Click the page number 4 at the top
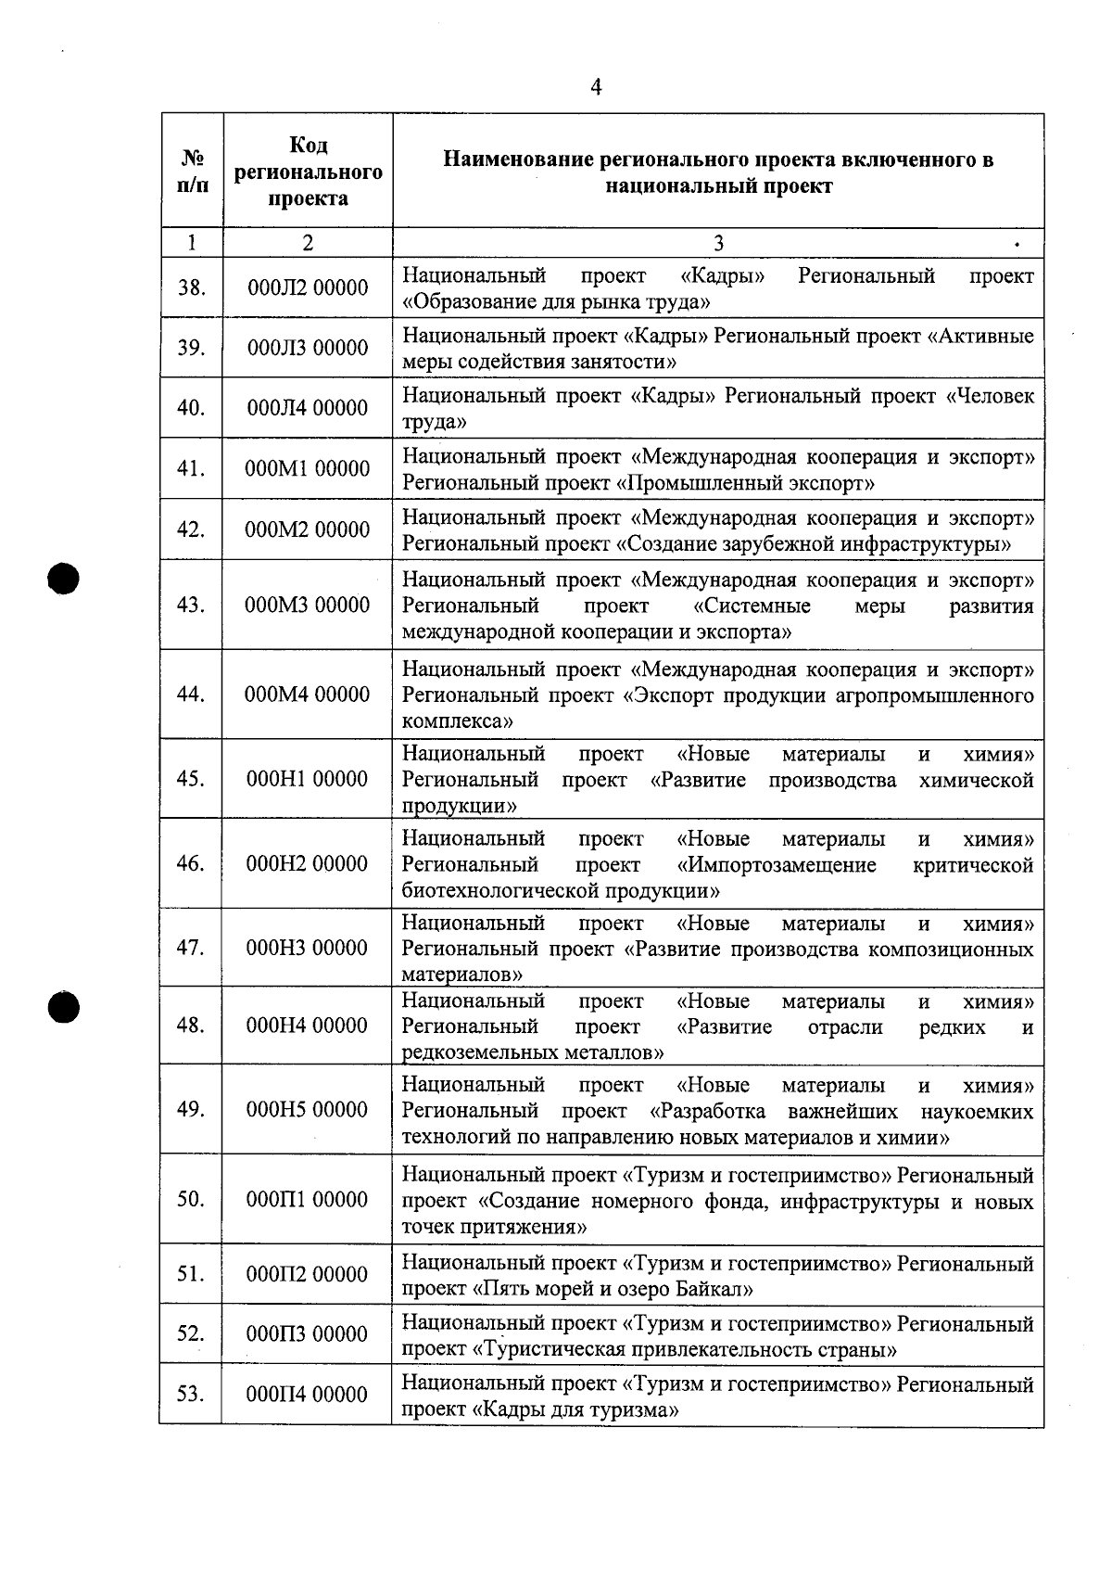596,87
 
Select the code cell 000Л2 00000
308,287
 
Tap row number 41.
191,469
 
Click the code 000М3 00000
308,606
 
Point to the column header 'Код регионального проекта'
308,172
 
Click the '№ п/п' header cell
192,172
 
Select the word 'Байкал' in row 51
716,1289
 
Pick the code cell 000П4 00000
308,1395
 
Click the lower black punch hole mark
67,1007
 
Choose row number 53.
191,1395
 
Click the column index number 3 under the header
718,243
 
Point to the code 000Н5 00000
308,1110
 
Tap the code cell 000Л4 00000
308,408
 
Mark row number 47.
191,948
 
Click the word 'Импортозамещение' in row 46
777,865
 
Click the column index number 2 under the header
308,243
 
